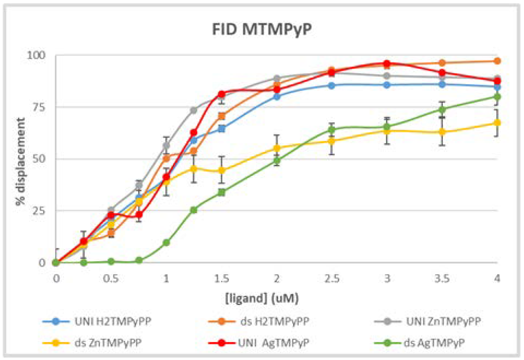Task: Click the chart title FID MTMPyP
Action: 262,29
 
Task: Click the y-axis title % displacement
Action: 20,161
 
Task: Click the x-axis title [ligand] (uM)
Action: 262,298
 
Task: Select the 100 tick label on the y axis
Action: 36,55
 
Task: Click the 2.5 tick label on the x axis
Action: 332,279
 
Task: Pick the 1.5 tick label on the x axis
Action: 221,279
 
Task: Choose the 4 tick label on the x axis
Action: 497,279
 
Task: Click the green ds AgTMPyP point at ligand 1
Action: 166,242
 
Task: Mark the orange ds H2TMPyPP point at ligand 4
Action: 497,61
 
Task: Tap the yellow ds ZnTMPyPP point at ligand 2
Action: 277,148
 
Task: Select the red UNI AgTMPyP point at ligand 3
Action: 387,64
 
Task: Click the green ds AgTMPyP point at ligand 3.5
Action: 442,109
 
